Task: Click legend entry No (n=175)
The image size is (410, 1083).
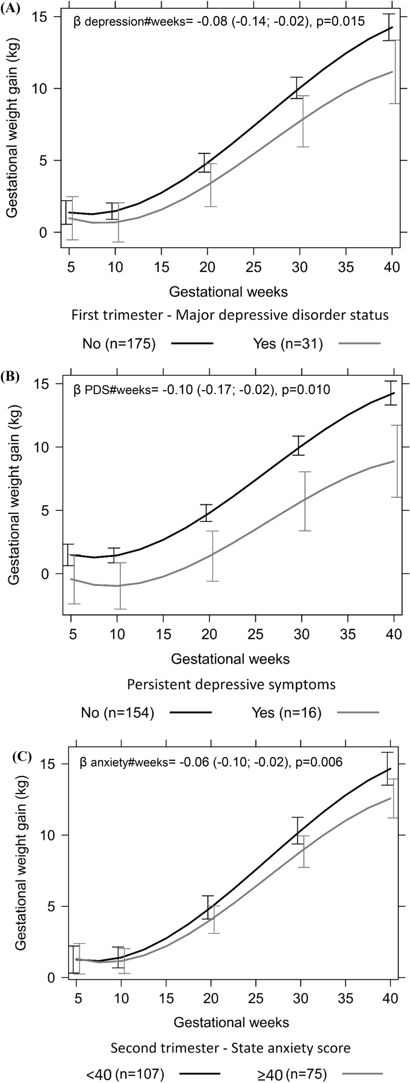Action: click(119, 344)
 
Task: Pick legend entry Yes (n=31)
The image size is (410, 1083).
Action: click(288, 344)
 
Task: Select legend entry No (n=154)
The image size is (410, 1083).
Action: click(117, 713)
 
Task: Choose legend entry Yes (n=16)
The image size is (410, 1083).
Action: click(287, 713)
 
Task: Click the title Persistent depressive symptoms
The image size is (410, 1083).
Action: click(231, 684)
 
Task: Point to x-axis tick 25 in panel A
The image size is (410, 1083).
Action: click(253, 267)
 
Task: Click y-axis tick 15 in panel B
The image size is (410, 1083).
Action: click(47, 384)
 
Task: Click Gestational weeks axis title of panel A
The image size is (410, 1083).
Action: click(228, 292)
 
